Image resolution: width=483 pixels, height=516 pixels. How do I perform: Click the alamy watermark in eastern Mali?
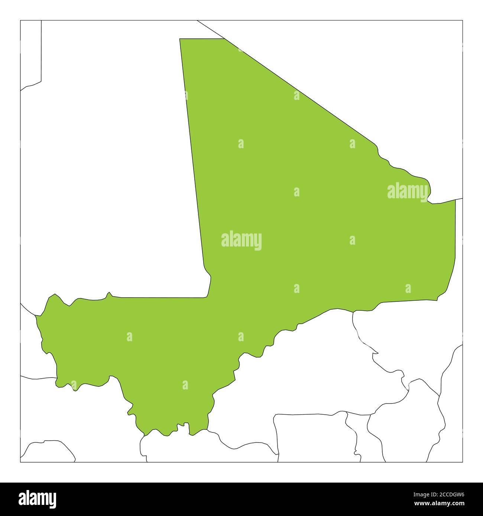click(x=408, y=192)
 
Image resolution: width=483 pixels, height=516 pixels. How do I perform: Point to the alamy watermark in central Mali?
click(x=241, y=241)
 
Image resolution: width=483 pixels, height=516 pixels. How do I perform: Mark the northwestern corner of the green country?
click(x=180, y=39)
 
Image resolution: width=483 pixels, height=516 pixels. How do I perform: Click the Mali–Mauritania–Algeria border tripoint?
click(x=224, y=39)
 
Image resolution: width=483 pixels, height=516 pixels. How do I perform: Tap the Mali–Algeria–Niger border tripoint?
click(x=456, y=200)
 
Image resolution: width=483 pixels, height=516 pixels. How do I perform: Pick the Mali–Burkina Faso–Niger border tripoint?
click(x=353, y=311)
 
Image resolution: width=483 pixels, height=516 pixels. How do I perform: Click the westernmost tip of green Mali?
click(x=36, y=317)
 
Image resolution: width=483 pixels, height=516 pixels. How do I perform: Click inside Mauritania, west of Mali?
click(x=111, y=186)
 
